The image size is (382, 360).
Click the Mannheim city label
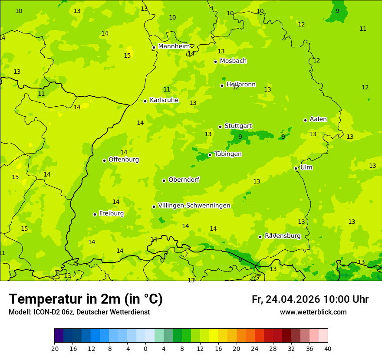pyautogui.click(x=174, y=46)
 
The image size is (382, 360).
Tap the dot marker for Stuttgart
pyautogui.click(x=220, y=127)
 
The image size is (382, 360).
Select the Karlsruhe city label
pyautogui.click(x=164, y=100)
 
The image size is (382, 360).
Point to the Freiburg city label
pyautogui.click(x=112, y=213)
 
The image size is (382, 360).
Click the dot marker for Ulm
pyautogui.click(x=296, y=168)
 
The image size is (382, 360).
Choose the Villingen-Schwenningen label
pyautogui.click(x=194, y=206)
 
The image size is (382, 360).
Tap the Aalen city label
pyautogui.click(x=318, y=119)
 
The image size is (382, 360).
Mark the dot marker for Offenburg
pyautogui.click(x=104, y=160)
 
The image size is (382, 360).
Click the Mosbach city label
pyautogui.click(x=233, y=61)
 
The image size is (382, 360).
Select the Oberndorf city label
pyautogui.click(x=184, y=180)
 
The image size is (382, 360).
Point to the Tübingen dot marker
pyautogui.click(x=210, y=155)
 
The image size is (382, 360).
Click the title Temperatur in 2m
pyautogui.click(x=86, y=299)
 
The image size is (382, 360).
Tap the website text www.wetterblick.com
pyautogui.click(x=313, y=312)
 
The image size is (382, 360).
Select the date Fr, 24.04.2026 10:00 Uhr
pyautogui.click(x=310, y=299)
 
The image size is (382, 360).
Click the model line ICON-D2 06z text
pyautogui.click(x=79, y=312)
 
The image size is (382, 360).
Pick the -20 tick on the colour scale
pyautogui.click(x=54, y=348)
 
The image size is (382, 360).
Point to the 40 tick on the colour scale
pyautogui.click(x=328, y=348)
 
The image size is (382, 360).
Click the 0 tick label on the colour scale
pyautogui.click(x=145, y=348)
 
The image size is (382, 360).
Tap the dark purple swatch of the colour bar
pyautogui.click(x=59, y=336)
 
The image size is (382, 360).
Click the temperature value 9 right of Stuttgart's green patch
pyautogui.click(x=283, y=137)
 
